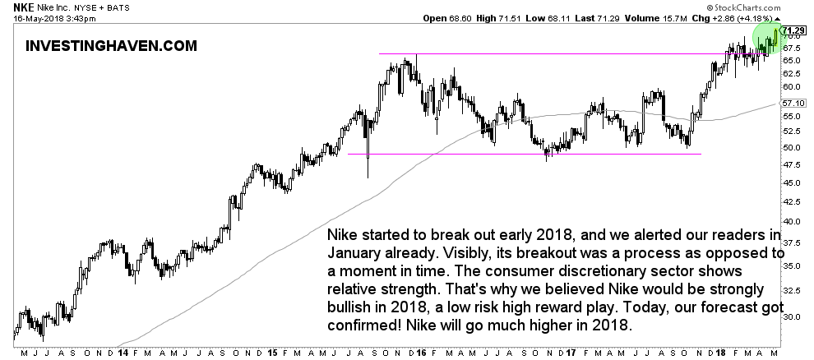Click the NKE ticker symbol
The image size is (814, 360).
(14, 7)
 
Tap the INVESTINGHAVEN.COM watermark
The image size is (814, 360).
(112, 46)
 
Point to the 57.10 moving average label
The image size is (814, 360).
(793, 104)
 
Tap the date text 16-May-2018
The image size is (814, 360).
(27, 18)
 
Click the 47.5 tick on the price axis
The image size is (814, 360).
(793, 164)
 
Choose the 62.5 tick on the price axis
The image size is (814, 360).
(793, 73)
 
